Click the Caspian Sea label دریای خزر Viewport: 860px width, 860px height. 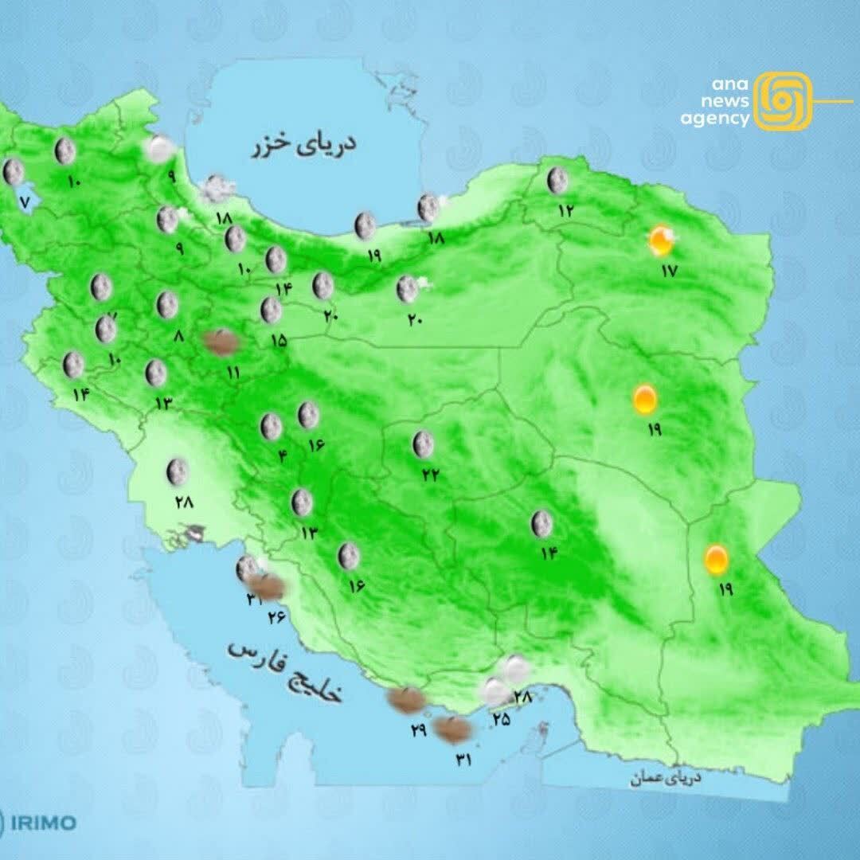(305, 144)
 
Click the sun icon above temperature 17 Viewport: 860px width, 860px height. (661, 240)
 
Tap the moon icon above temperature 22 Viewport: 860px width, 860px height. (423, 444)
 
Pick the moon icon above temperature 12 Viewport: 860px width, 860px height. (557, 181)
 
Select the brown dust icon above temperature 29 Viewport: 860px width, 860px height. (405, 700)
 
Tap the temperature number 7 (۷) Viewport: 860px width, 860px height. (24, 201)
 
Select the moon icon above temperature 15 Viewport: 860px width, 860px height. (272, 310)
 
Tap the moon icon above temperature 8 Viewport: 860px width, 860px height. (167, 304)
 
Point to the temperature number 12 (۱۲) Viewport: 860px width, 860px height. (566, 211)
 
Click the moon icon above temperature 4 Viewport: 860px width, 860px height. (272, 427)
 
